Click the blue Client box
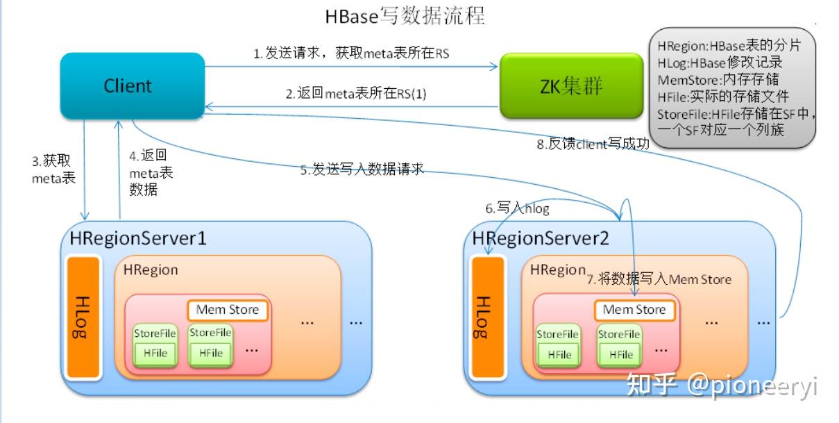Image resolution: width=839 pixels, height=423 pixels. click(128, 86)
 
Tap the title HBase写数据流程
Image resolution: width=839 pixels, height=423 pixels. click(405, 17)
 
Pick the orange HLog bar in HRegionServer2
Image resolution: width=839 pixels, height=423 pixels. click(484, 318)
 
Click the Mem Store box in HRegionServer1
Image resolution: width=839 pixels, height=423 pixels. click(227, 310)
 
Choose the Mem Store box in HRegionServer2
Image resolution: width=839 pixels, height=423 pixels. click(634, 310)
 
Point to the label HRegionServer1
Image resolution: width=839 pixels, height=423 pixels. click(138, 238)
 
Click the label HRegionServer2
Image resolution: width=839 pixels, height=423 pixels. click(541, 238)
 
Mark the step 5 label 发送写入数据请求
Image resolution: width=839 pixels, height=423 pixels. click(362, 170)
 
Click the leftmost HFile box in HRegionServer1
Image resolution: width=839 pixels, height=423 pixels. click(155, 353)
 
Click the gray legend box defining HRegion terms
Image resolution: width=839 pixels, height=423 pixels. click(734, 87)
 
